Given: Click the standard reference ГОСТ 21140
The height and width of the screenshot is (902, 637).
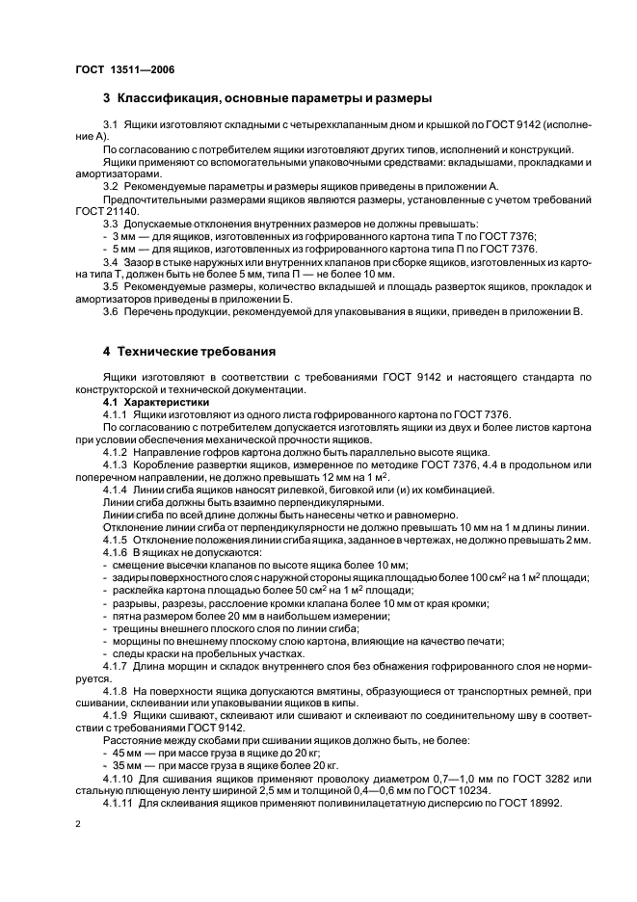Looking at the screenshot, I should (106, 210).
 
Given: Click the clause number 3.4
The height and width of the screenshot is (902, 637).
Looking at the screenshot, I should (111, 261).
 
